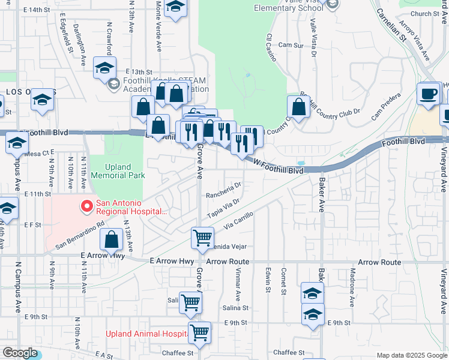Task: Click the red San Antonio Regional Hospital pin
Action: [87, 207]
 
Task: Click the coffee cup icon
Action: [429, 94]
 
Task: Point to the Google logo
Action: [20, 353]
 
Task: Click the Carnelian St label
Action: [392, 23]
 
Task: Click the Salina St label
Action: [236, 307]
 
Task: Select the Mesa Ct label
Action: [40, 154]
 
